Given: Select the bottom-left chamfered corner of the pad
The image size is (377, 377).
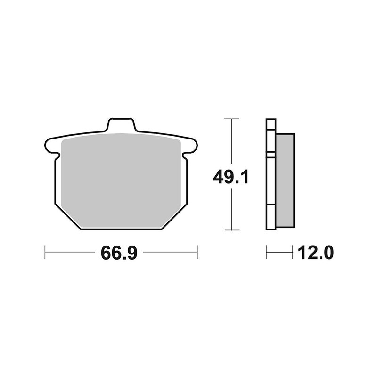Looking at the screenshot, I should pyautogui.click(x=68, y=217).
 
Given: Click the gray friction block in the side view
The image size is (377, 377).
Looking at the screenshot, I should pyautogui.click(x=285, y=179).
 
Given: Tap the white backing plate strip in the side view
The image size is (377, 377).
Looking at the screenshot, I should pyautogui.click(x=271, y=179).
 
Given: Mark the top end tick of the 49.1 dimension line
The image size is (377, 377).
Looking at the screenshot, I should pyautogui.click(x=229, y=119).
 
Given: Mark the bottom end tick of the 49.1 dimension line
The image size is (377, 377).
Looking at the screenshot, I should pyautogui.click(x=229, y=230).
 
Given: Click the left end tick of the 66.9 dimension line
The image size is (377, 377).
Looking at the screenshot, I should pyautogui.click(x=45, y=252).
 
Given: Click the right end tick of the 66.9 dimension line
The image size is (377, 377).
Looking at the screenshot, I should pyautogui.click(x=197, y=252).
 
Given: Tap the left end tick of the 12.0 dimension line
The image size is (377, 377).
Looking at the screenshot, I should pyautogui.click(x=267, y=252).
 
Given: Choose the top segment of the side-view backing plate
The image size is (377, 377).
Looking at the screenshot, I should pyautogui.click(x=271, y=137).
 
